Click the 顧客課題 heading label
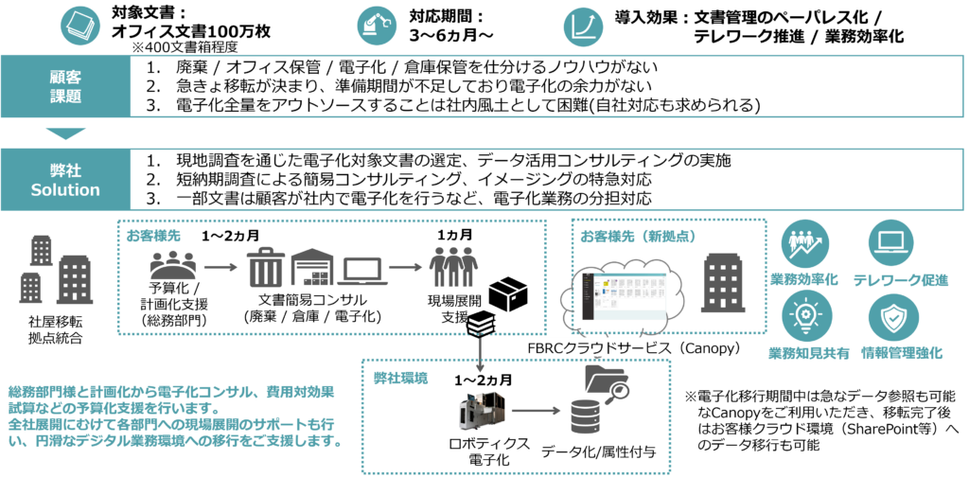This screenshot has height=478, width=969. (x=65, y=86)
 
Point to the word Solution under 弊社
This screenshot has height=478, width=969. (x=65, y=189)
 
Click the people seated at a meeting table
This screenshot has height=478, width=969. (x=173, y=266)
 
